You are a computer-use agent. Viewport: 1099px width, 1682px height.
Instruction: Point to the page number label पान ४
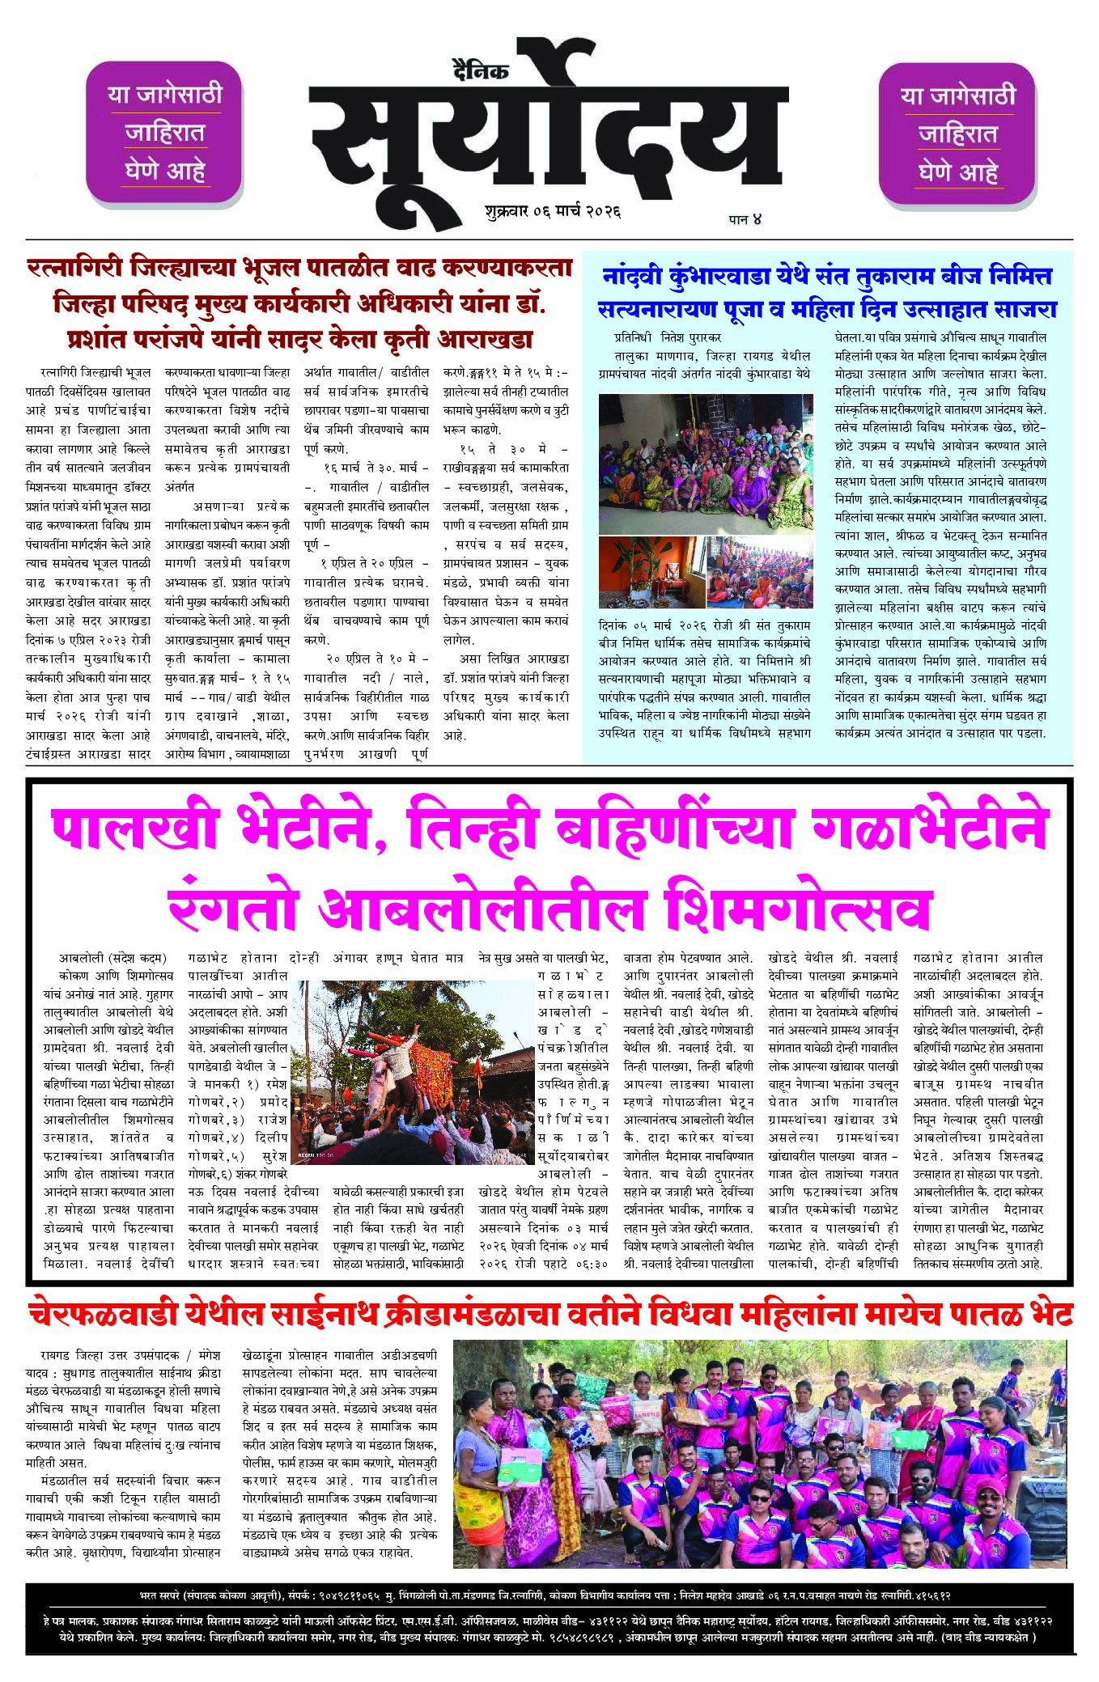pos(745,218)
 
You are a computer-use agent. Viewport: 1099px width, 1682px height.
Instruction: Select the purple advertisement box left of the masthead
pos(164,133)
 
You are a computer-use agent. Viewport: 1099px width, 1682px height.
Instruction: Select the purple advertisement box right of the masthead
pos(957,134)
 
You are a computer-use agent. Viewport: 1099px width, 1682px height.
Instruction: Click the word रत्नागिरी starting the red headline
pos(74,268)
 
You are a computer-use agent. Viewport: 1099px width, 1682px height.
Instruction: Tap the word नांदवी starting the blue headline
pos(633,277)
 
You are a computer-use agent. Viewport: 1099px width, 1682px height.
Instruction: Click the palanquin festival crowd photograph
pos(411,1071)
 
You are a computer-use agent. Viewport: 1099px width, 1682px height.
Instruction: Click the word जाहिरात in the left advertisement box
pos(164,133)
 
